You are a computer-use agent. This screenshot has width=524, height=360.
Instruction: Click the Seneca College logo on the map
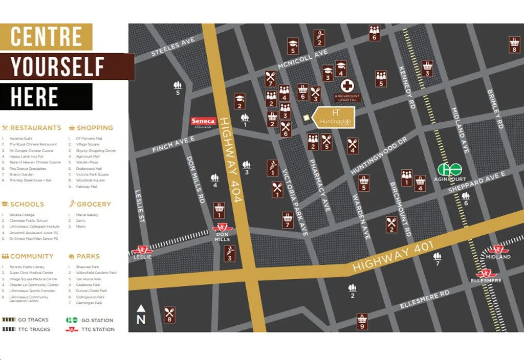pos(203,122)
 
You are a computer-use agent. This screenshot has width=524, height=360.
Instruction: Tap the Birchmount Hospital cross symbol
pos(347,85)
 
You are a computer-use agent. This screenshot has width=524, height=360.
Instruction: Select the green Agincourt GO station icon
pos(449,170)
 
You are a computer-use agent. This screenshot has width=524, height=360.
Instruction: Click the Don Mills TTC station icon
pos(222,228)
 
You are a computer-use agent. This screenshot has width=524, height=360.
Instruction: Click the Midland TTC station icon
pos(497,250)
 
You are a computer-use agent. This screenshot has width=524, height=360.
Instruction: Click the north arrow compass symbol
pos(141,314)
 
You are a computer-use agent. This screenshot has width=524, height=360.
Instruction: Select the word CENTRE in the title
pos(46,37)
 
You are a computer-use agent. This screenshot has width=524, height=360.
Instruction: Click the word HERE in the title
pos(34,96)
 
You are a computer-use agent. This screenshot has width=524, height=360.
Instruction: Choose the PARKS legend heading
pos(88,256)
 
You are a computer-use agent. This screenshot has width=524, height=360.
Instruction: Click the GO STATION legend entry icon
pos(72,320)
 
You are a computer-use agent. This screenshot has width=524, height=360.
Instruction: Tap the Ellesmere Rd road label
pos(424,299)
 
